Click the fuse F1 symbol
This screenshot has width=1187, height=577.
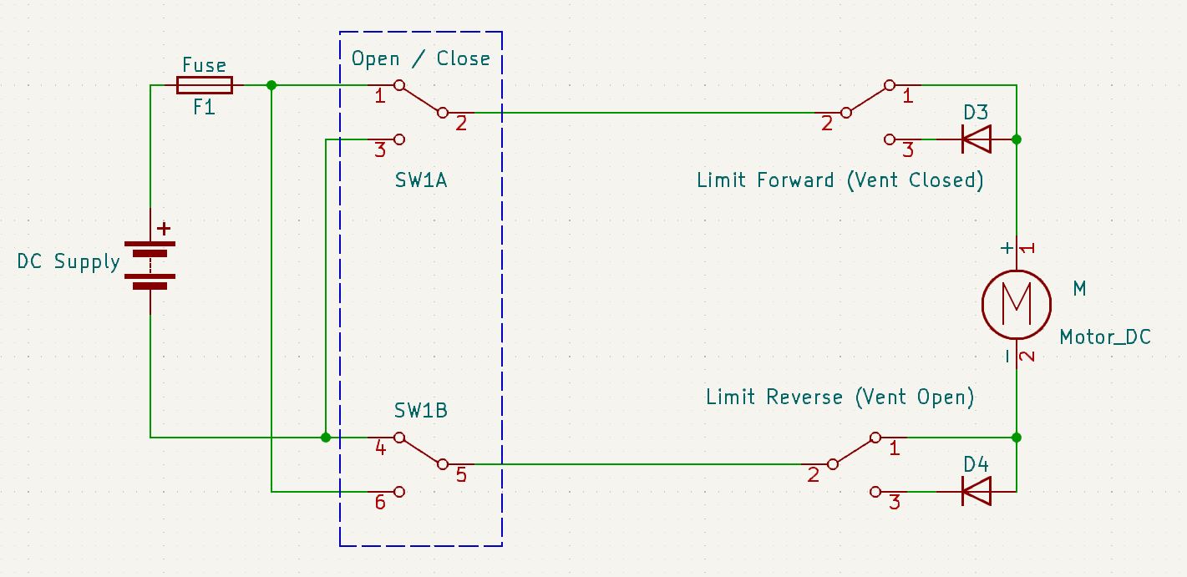click(204, 84)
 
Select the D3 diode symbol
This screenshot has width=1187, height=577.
click(976, 139)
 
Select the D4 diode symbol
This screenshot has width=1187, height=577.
click(976, 491)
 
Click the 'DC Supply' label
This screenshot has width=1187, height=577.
click(68, 262)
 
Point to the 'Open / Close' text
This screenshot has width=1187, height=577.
click(420, 58)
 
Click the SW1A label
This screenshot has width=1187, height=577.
click(421, 180)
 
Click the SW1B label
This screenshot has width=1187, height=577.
click(420, 412)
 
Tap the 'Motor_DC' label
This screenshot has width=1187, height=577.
click(1104, 337)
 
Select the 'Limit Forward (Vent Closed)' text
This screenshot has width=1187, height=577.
click(840, 180)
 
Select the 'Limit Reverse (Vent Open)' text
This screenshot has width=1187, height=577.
click(840, 397)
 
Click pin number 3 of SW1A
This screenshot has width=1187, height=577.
click(380, 150)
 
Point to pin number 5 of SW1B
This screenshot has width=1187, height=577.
click(461, 475)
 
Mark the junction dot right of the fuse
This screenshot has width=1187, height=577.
click(271, 85)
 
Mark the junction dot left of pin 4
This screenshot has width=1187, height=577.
click(326, 437)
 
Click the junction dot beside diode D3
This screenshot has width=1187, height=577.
click(1016, 139)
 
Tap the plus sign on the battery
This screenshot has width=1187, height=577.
click(164, 228)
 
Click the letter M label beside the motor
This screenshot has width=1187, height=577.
click(1079, 289)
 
